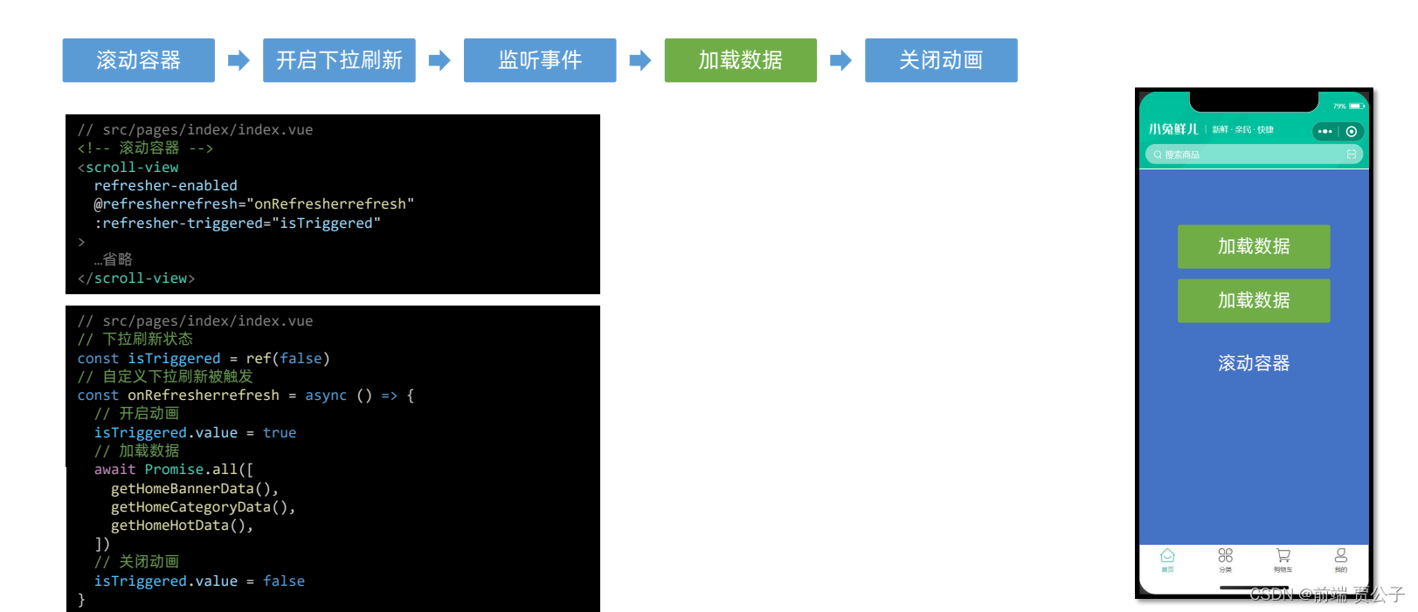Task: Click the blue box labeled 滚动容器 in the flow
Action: pyautogui.click(x=138, y=60)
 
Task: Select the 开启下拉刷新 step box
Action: pyautogui.click(x=339, y=60)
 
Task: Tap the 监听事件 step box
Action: pyautogui.click(x=539, y=60)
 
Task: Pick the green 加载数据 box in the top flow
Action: pyautogui.click(x=740, y=60)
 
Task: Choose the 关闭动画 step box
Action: pyautogui.click(x=941, y=60)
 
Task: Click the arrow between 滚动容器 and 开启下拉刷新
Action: pyautogui.click(x=239, y=60)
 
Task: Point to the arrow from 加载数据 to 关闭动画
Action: pyautogui.click(x=840, y=60)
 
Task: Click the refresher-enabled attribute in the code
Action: pyautogui.click(x=165, y=185)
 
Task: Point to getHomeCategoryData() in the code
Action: pyautogui.click(x=203, y=507)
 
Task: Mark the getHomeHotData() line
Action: pyautogui.click(x=182, y=526)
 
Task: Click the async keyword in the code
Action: pyautogui.click(x=326, y=395)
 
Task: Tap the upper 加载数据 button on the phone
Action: pyautogui.click(x=1253, y=246)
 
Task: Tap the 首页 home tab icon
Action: pyautogui.click(x=1167, y=556)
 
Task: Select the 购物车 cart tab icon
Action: pyautogui.click(x=1283, y=556)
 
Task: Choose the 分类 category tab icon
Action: pyautogui.click(x=1225, y=556)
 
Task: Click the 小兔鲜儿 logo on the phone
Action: pyautogui.click(x=1173, y=129)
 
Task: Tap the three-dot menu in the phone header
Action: pyautogui.click(x=1325, y=131)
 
